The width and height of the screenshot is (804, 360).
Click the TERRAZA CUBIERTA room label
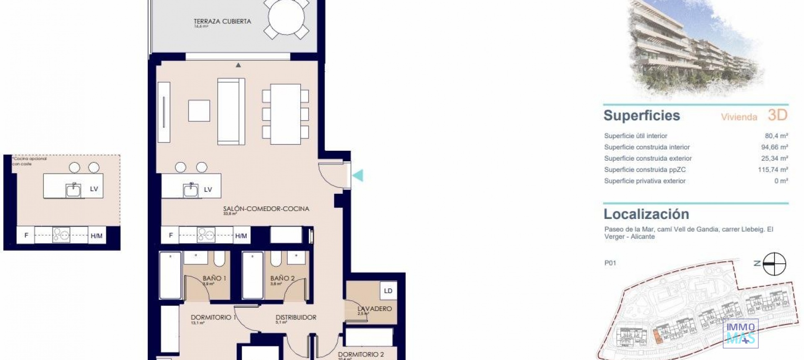tap(222, 21)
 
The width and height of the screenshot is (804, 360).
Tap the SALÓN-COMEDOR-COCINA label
tap(266, 208)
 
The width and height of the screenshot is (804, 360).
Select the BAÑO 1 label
tap(214, 278)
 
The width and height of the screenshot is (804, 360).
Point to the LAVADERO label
tap(375, 309)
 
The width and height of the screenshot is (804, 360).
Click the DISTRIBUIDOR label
tap(296, 317)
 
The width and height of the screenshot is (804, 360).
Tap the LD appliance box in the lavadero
tap(388, 291)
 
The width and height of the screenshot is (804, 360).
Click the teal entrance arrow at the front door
tap(358, 175)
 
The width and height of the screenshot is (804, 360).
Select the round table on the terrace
tap(286, 18)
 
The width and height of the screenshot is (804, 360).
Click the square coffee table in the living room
tap(199, 111)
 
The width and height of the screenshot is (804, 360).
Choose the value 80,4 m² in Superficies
tap(776, 136)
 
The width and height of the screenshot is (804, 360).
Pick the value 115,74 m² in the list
tap(773, 170)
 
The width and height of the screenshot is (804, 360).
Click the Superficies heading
tap(642, 116)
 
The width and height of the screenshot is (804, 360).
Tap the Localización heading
tap(646, 214)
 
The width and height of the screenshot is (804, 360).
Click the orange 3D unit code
tap(778, 115)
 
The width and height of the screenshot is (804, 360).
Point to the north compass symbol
tap(774, 264)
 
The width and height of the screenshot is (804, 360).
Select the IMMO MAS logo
tap(740, 333)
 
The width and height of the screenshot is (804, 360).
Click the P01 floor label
tap(610, 263)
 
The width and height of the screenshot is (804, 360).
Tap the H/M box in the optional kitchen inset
tap(97, 236)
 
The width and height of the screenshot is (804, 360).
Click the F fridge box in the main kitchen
tap(170, 235)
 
